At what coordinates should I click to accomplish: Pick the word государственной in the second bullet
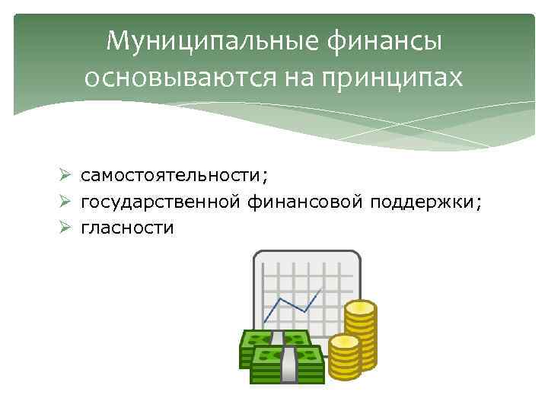tap(163, 202)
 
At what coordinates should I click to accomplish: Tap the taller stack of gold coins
tap(360, 335)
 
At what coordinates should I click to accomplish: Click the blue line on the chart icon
tap(293, 302)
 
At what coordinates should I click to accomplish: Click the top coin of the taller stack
tap(360, 308)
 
